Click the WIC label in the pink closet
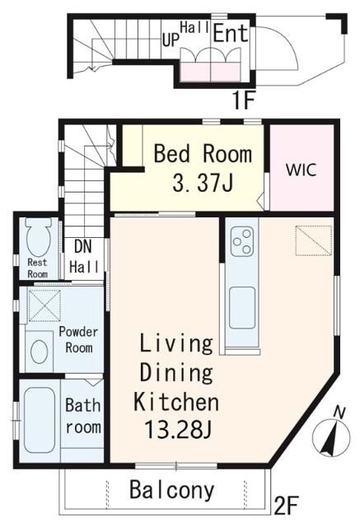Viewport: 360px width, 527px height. click(x=302, y=170)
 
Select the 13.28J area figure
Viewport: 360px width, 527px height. click(x=177, y=430)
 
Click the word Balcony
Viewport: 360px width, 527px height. click(x=172, y=490)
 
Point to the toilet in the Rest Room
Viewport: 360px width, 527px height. click(x=39, y=237)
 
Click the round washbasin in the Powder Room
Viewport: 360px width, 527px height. click(x=39, y=352)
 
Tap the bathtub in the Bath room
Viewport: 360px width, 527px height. click(x=40, y=420)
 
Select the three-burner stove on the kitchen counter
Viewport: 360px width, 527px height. click(x=242, y=241)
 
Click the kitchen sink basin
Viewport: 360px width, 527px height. click(x=242, y=307)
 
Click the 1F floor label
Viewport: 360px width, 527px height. click(x=242, y=100)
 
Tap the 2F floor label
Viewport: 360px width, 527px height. click(x=287, y=506)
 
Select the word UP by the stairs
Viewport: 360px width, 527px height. click(x=171, y=40)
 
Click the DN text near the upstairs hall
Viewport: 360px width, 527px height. click(x=82, y=246)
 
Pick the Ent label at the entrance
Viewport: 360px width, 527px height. click(x=231, y=33)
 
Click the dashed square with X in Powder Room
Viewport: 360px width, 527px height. click(x=44, y=305)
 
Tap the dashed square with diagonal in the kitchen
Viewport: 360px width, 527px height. click(x=314, y=240)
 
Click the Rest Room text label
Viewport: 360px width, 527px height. click(x=37, y=268)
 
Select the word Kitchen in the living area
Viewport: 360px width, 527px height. click(x=175, y=402)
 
